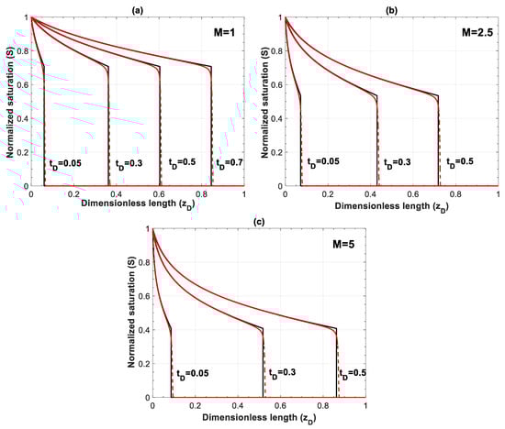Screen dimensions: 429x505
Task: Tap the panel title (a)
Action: (137, 6)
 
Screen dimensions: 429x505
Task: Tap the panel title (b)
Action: (391, 6)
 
